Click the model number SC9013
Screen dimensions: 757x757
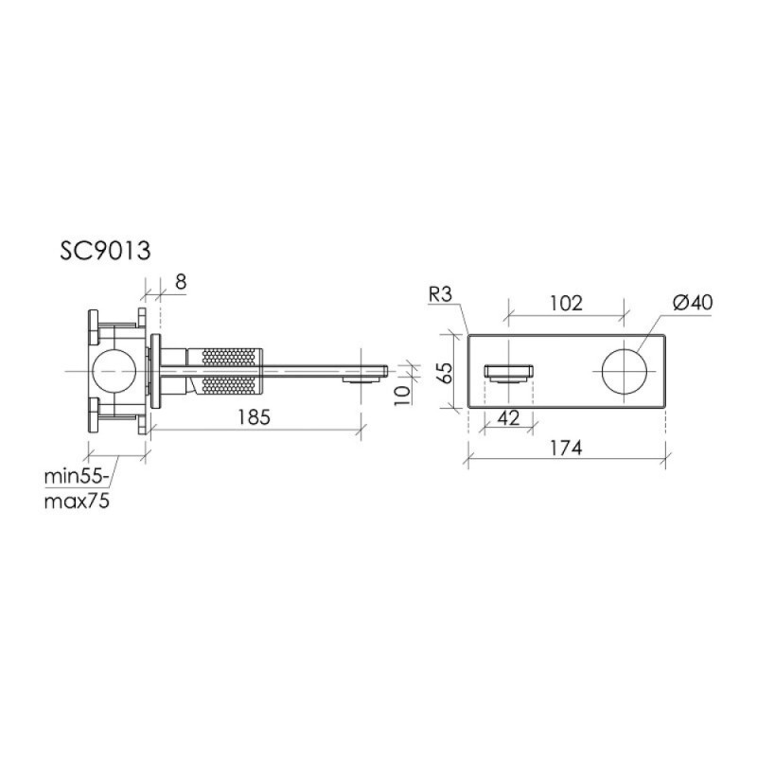pos(105,251)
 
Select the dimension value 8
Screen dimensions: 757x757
pos(181,281)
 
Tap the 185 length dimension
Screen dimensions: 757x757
pos(255,416)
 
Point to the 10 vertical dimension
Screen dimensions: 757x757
pos(403,395)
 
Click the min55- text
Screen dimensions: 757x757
pos(77,477)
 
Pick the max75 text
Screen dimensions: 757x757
pos(77,502)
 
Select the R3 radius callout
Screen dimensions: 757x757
pos(440,294)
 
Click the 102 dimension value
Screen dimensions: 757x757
pos(566,303)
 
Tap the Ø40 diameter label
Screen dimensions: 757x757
pos(693,303)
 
